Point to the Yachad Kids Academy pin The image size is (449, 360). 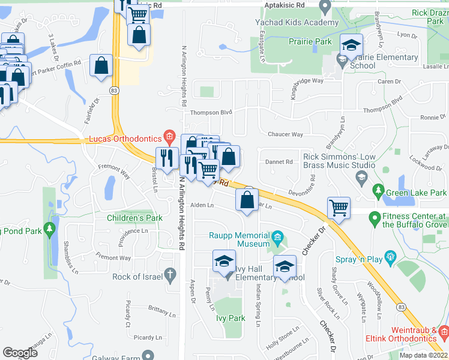[x=325, y=8]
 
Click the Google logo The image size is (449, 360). [x=20, y=353]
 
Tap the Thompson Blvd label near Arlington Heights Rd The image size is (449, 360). [x=211, y=112]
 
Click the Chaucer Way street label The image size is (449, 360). [x=286, y=134]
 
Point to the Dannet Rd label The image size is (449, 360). [x=279, y=162]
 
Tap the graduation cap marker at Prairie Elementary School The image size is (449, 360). [x=352, y=45]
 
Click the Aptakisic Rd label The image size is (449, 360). [x=284, y=4]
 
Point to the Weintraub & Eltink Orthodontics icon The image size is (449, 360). [x=443, y=331]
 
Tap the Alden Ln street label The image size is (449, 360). [x=202, y=205]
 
